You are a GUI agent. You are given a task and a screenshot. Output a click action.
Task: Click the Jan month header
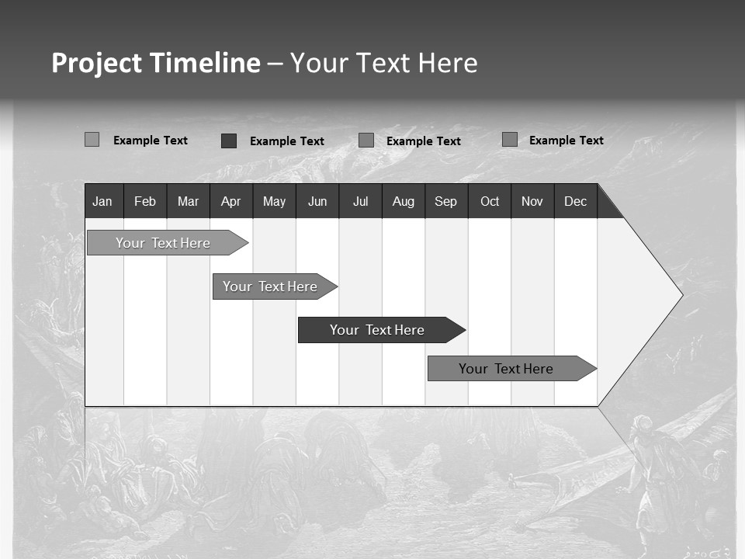tap(103, 201)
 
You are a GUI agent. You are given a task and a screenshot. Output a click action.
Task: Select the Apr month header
tap(230, 201)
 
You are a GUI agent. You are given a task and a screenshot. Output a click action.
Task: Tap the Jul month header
tap(360, 201)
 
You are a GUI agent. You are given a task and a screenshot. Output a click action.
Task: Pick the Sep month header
tap(445, 201)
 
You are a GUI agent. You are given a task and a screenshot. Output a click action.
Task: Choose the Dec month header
tap(575, 201)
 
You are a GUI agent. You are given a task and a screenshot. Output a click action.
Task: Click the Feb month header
tap(145, 201)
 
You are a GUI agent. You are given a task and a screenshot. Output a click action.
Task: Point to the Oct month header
tap(489, 201)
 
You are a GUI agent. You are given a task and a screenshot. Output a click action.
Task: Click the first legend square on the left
tap(92, 140)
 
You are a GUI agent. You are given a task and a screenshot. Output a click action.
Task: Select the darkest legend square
tap(229, 141)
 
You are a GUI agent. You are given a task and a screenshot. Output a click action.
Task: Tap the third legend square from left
tap(366, 141)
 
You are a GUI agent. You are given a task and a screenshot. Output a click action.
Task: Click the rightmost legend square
tap(510, 140)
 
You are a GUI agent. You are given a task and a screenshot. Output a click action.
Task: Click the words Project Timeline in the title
tap(155, 63)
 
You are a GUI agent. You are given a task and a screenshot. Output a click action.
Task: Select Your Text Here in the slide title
tap(383, 63)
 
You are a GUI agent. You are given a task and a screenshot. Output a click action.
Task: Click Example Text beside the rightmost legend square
tap(566, 141)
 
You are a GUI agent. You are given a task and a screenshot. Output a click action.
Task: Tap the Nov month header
tap(532, 201)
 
